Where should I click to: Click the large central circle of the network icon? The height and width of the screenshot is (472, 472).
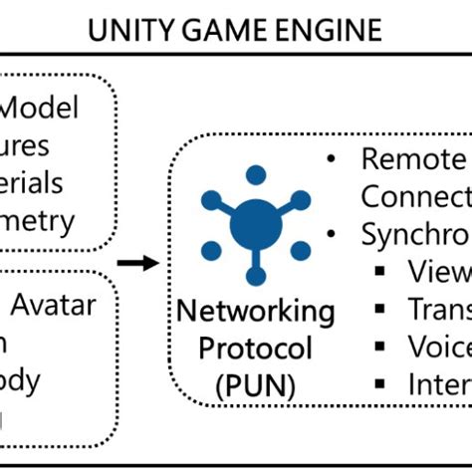point(255,226)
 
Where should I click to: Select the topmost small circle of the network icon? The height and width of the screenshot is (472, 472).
point(255,175)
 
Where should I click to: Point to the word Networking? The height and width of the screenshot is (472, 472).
point(256,313)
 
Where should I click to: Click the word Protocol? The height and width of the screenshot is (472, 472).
point(256,349)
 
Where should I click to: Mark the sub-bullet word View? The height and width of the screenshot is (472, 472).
point(438,272)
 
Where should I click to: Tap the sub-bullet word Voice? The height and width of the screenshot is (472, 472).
point(438,346)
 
